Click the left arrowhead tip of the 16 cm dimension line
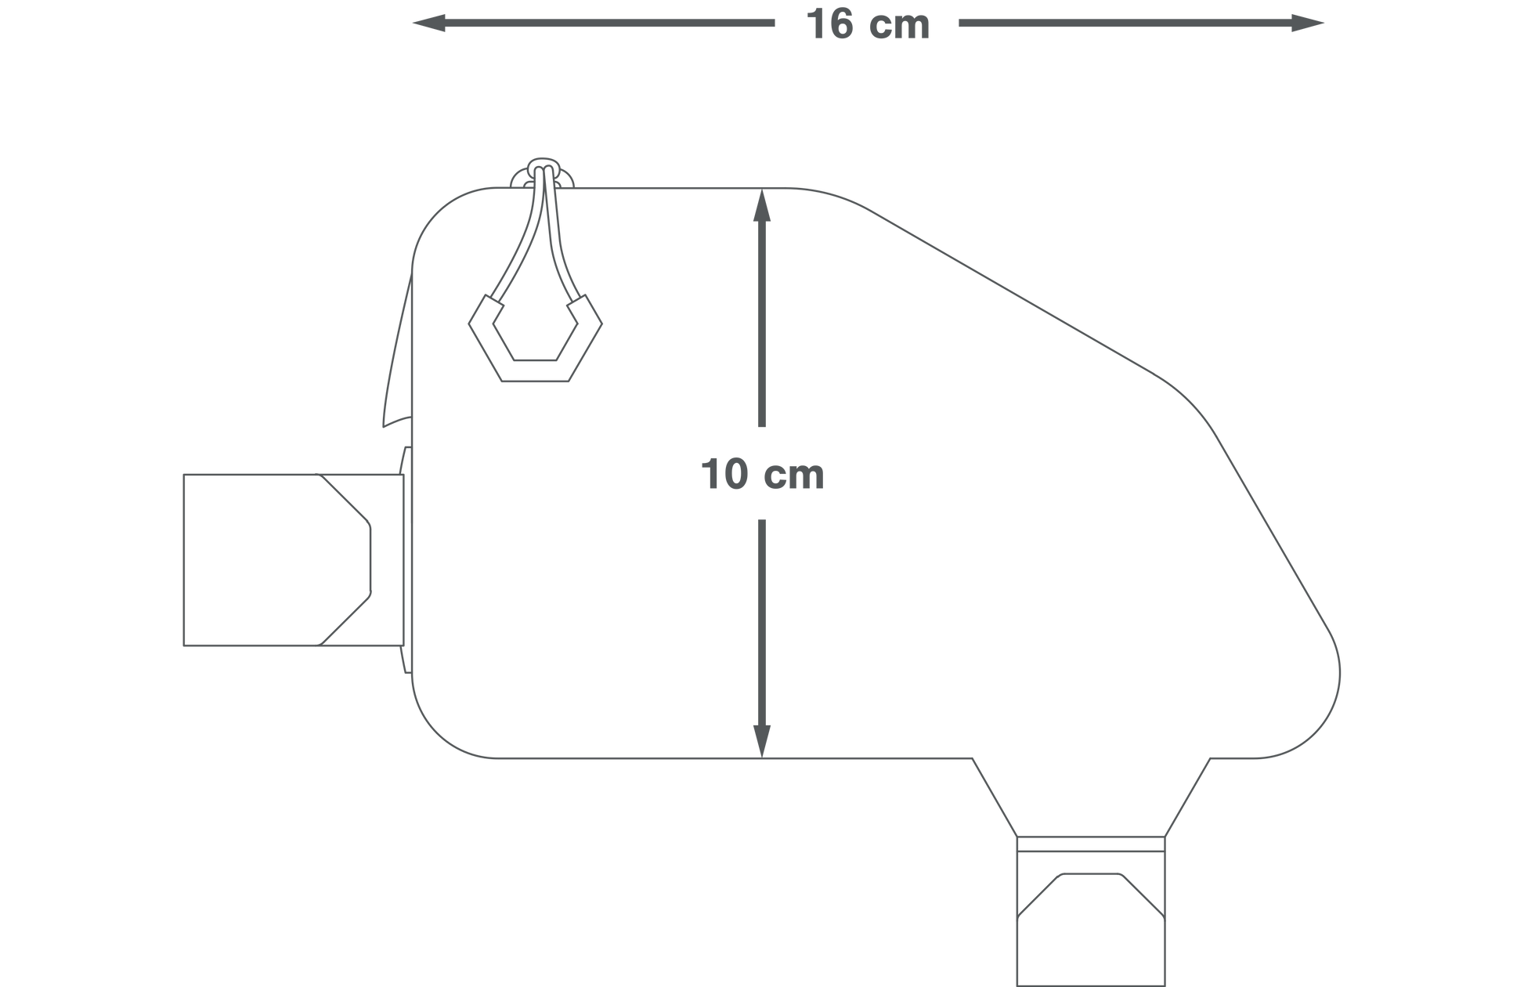(413, 23)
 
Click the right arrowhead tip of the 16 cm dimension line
(1324, 23)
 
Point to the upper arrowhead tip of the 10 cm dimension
(762, 189)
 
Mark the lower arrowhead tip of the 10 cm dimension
(762, 758)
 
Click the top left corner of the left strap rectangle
(184, 475)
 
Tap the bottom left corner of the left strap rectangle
(184, 645)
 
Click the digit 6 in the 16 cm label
(839, 24)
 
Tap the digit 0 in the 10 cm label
(735, 474)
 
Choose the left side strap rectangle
(294, 560)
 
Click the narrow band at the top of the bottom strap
(1091, 844)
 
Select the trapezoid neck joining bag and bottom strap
(1091, 797)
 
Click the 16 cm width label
(867, 24)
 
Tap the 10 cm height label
(762, 474)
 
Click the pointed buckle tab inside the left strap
(345, 560)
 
